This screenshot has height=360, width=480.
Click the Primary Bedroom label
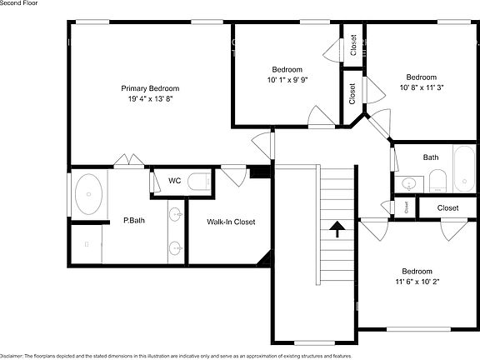coord(150,88)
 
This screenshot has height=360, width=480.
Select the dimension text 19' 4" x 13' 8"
coord(151,99)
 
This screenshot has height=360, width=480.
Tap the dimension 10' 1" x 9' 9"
coord(287,80)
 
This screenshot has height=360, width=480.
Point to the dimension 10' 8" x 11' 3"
coord(422,87)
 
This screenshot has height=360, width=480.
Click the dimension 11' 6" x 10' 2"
coord(417,282)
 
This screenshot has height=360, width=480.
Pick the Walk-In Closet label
coord(231,222)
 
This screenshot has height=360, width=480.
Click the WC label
coord(174,181)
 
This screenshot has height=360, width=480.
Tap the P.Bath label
coord(134,220)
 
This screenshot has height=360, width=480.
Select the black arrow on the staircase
coord(337,229)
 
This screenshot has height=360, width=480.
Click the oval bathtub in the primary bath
coord(89,194)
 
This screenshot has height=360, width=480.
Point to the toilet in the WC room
coord(198,182)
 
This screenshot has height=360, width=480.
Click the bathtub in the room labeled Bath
coord(464,168)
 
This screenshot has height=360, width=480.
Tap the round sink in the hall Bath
coord(408,184)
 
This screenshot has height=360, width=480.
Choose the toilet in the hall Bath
coord(437,181)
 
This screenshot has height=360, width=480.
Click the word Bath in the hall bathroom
coord(431,157)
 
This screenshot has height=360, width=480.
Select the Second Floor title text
coord(18,3)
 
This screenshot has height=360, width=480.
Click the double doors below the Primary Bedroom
coord(129,160)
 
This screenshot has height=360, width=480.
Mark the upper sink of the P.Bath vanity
coord(176,214)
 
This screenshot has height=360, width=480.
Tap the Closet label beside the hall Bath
coord(447,208)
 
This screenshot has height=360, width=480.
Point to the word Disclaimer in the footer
coord(12,357)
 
